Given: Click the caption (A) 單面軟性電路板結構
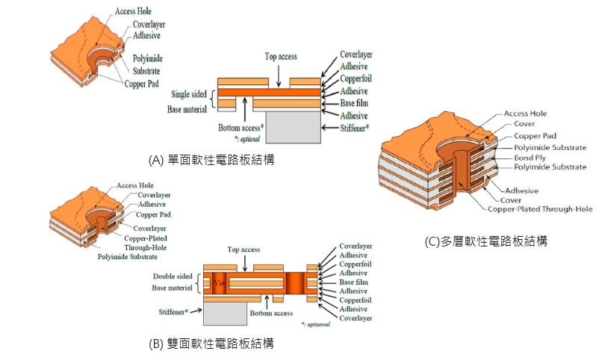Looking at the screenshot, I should [212, 161].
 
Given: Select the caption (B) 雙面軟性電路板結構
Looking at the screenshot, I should [212, 344].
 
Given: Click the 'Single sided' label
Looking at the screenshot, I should [189, 94].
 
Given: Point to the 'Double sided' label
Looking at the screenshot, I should [174, 276].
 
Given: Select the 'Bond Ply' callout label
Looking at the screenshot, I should [530, 158].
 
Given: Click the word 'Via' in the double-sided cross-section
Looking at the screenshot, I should [219, 283].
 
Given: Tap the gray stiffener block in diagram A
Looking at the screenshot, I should [292, 128].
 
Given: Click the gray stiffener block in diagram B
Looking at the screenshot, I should [225, 311].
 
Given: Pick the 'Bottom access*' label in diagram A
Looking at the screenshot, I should [241, 127].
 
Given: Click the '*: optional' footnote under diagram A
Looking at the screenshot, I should [249, 138].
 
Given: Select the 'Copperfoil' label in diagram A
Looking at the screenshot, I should [356, 78].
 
